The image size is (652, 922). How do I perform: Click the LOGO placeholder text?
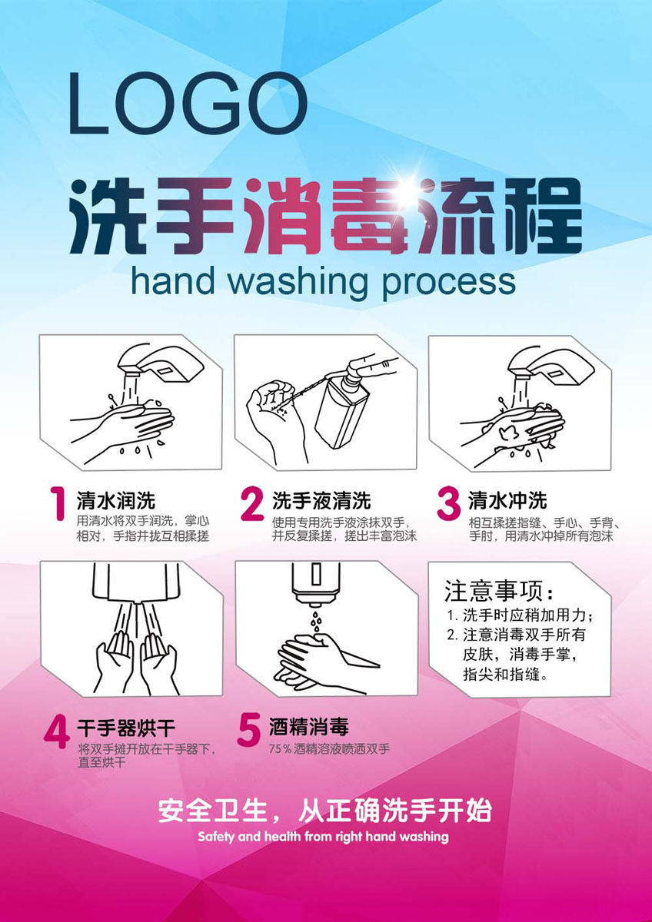[188, 103]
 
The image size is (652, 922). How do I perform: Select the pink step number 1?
[58, 503]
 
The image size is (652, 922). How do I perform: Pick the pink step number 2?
[252, 504]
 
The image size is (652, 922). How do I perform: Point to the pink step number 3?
[448, 504]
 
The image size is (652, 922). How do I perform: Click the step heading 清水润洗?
[116, 500]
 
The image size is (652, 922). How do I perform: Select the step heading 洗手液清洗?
[321, 500]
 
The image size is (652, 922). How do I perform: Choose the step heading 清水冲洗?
[507, 500]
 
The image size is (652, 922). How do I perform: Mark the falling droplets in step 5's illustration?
[316, 621]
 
